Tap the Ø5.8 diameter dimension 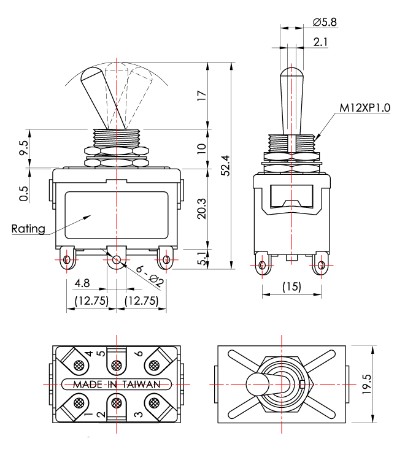tap(325, 22)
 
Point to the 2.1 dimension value tap(320, 42)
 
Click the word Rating tap(28, 229)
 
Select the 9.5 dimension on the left tap(24, 148)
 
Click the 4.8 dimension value tap(82, 284)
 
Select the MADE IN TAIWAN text tap(117, 384)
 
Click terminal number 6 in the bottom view tap(139, 353)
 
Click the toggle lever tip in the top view tap(254, 385)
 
